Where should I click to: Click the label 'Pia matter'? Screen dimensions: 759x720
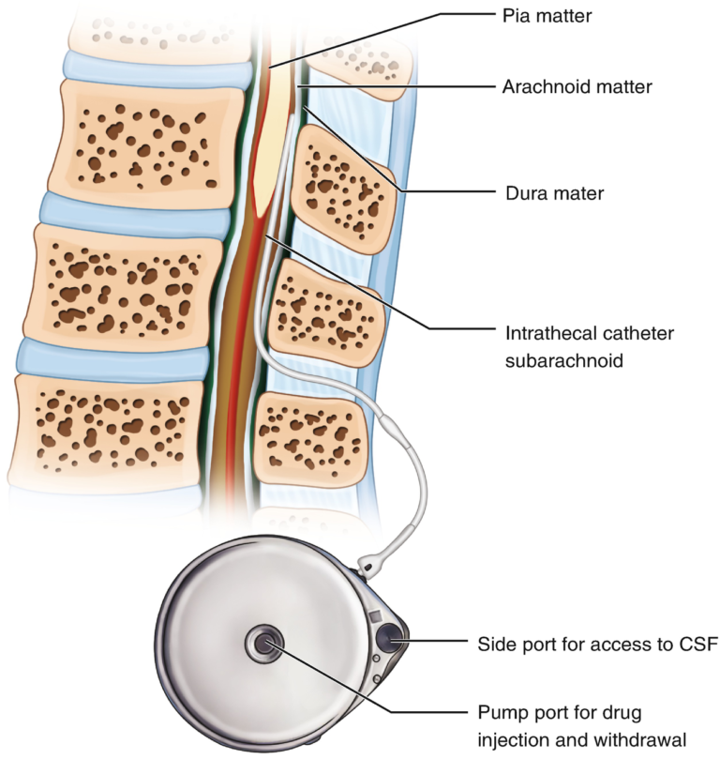click(x=532, y=15)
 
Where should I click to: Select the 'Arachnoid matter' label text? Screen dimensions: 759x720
click(x=564, y=86)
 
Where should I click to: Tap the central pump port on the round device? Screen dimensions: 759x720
click(x=262, y=645)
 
